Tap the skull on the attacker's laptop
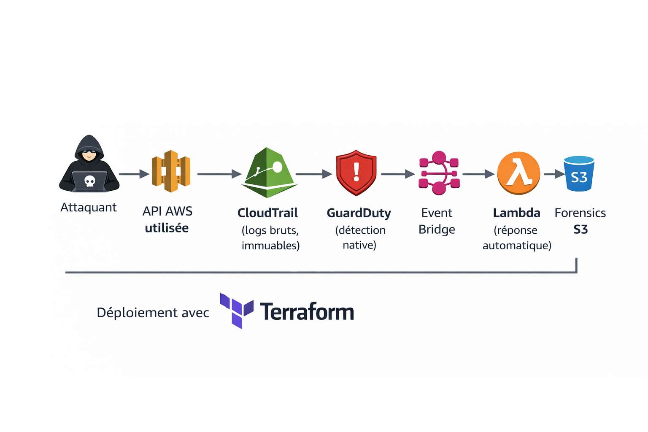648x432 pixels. point(89,181)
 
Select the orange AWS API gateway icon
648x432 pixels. point(171,171)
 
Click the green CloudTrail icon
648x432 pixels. point(269,173)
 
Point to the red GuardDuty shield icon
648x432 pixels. point(356,173)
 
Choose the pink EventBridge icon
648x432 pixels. point(439,173)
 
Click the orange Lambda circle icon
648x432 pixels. point(518,173)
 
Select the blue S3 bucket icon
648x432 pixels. point(579,173)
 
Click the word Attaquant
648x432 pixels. point(89,208)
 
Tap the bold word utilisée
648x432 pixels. point(167,228)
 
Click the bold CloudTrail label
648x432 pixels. point(267,213)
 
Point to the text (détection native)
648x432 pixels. point(360,238)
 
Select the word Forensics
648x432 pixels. point(580,213)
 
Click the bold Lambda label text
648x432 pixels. point(516,213)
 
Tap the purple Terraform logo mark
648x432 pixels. point(236,310)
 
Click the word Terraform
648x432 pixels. point(307,312)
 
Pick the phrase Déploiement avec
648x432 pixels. point(153,313)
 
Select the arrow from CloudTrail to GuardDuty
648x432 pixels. point(313,174)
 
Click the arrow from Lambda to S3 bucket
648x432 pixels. point(553,174)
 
